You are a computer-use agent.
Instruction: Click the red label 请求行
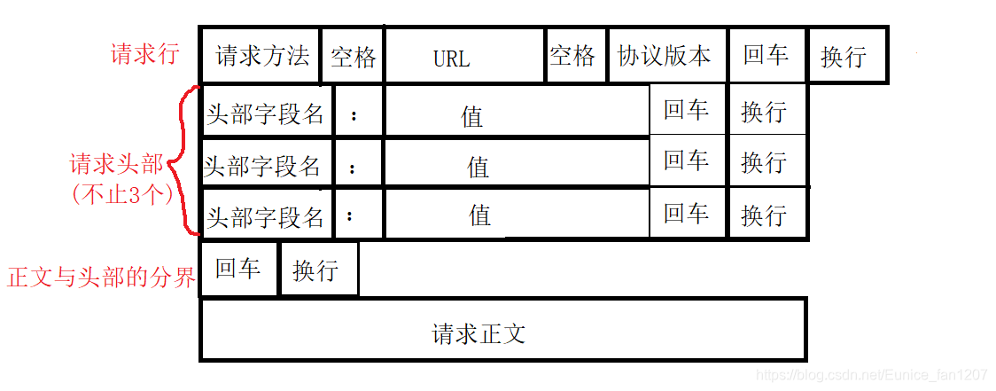coord(144,54)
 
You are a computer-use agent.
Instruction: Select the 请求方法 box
coord(262,56)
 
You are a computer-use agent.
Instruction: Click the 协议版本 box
coord(665,56)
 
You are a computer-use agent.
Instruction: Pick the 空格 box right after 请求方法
coord(354,58)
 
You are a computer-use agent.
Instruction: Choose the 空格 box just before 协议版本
coord(572,56)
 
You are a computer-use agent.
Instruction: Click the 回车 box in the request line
coord(766,55)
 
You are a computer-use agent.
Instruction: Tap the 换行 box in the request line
coord(844,57)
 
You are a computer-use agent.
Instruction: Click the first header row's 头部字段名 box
coord(266,113)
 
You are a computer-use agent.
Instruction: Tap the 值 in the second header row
coord(479,166)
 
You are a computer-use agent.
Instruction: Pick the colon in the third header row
coord(351,215)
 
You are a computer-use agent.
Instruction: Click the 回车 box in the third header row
coord(686,213)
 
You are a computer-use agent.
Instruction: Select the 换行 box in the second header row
coord(764,162)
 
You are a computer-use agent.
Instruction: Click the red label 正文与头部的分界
coord(100,277)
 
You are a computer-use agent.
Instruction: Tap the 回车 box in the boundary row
coord(237,269)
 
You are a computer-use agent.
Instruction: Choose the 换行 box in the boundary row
coord(315,270)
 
